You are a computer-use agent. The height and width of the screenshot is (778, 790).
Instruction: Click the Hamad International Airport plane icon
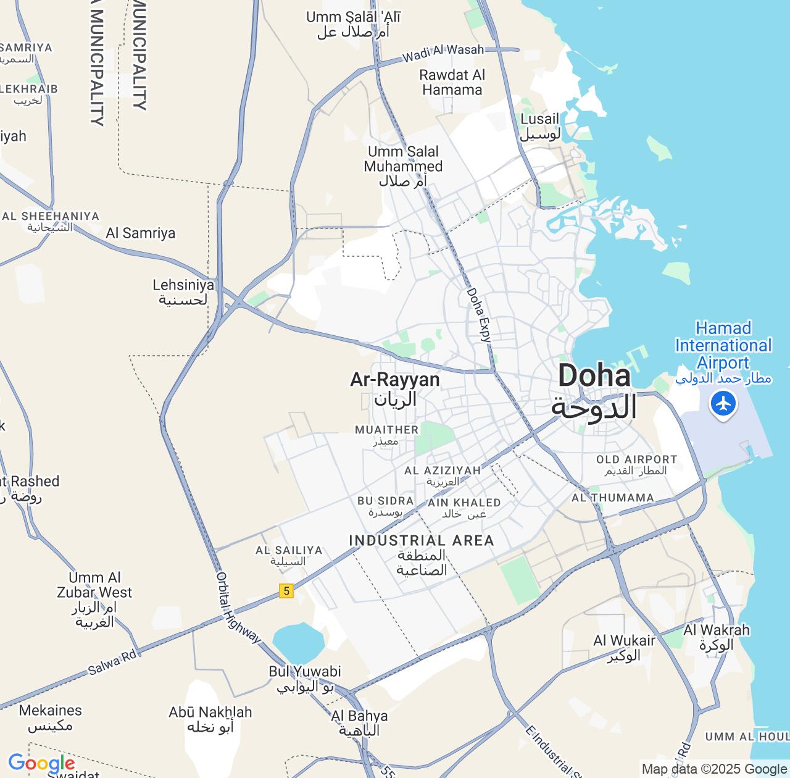(723, 404)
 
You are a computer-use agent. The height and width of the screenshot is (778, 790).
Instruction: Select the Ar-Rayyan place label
(395, 389)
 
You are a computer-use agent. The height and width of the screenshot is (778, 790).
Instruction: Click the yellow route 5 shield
(285, 591)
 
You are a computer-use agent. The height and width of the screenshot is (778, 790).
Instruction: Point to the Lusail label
(540, 127)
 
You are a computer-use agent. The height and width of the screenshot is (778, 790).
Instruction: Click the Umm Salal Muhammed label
(403, 166)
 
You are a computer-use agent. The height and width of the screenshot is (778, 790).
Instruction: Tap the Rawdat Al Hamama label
(452, 82)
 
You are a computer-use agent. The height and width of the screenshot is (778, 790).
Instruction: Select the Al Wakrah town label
(716, 637)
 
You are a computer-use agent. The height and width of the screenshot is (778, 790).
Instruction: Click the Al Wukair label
(624, 648)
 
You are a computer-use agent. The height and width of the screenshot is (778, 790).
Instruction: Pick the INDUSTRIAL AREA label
(422, 554)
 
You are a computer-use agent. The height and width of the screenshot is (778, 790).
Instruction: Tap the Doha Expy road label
(479, 315)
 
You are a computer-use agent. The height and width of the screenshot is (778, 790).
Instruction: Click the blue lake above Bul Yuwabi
(298, 642)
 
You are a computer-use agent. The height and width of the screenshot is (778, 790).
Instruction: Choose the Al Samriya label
(141, 233)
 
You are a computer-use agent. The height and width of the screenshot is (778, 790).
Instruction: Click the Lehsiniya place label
(183, 292)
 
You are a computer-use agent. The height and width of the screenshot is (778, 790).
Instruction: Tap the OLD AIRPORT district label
(636, 464)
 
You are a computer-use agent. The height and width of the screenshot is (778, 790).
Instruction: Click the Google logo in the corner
(41, 763)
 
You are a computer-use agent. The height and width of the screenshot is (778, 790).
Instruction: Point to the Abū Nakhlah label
(210, 719)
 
